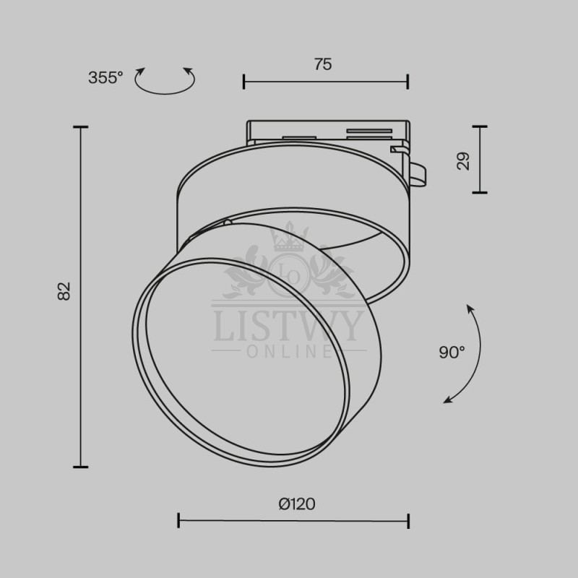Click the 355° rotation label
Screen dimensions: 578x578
[x=105, y=78]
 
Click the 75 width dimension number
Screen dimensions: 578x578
[x=323, y=64]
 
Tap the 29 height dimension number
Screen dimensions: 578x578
[x=463, y=161]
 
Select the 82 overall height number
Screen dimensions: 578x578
[x=64, y=291]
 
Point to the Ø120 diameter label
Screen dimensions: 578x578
[x=297, y=504]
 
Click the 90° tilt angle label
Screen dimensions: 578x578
[x=452, y=353]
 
